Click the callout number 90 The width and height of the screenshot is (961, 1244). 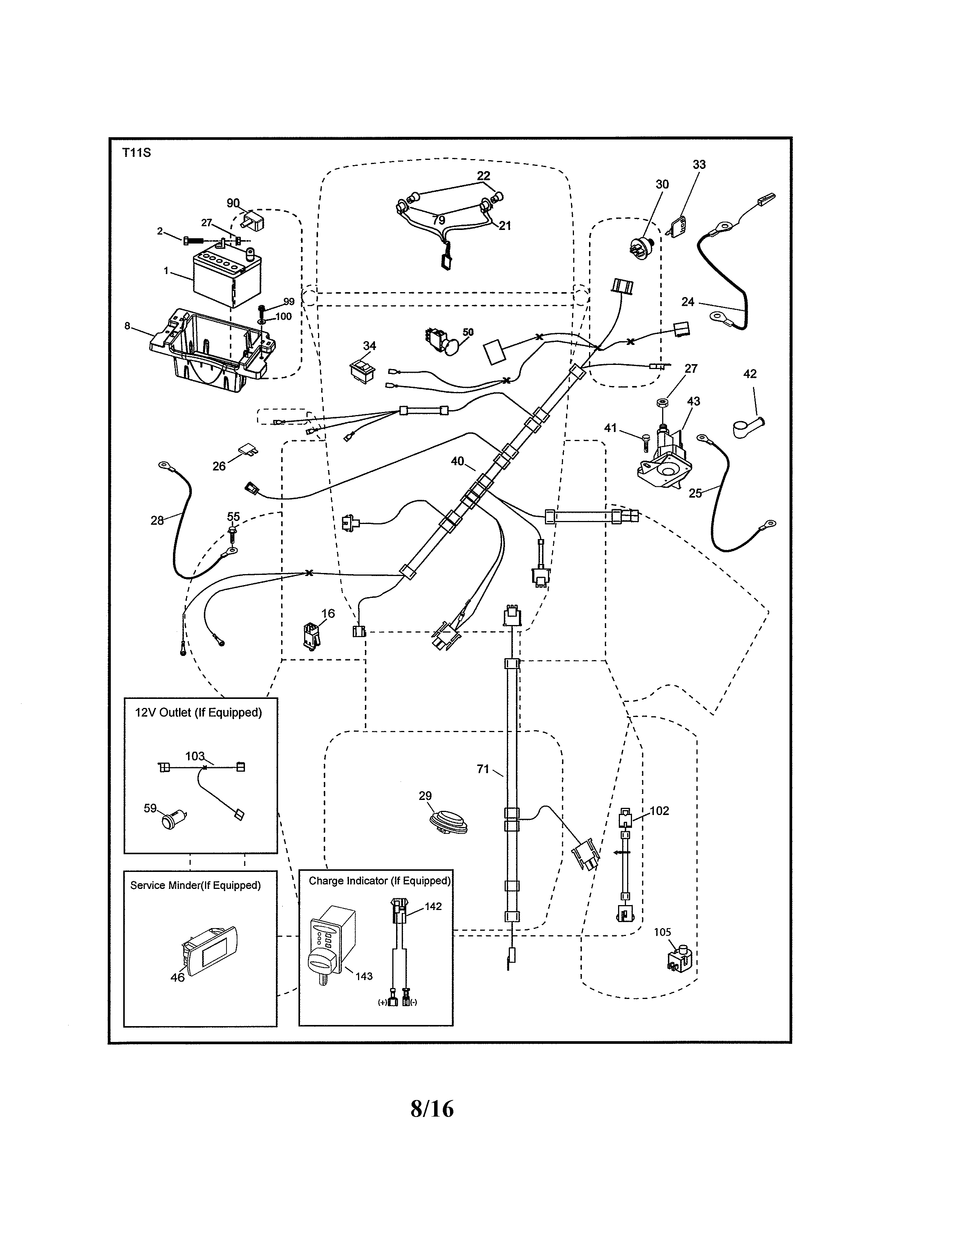[233, 203]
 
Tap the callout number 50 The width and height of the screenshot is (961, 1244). [468, 332]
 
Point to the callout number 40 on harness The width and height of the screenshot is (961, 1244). [457, 461]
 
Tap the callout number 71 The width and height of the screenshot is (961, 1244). [483, 769]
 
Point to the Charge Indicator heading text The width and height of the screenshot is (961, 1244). [379, 881]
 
